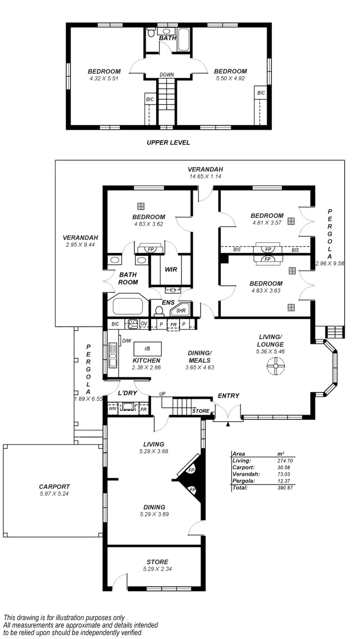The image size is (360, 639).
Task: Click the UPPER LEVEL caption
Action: (x=168, y=142)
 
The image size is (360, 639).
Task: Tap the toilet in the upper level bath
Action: (x=151, y=33)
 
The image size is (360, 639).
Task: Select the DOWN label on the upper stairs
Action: (x=168, y=74)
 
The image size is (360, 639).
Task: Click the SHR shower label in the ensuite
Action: (x=181, y=311)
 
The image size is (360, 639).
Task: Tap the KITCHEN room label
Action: (x=146, y=360)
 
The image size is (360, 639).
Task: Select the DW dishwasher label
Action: (x=127, y=341)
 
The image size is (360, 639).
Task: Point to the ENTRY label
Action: (x=228, y=396)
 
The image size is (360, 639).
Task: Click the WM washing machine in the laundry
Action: (x=113, y=409)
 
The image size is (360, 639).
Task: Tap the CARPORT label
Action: (x=55, y=486)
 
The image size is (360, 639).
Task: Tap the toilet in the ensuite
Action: (x=159, y=309)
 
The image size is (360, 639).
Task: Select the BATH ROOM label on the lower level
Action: (x=129, y=278)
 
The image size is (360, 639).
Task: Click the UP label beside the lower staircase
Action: (x=161, y=394)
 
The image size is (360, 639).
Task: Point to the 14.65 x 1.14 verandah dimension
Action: (x=205, y=177)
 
